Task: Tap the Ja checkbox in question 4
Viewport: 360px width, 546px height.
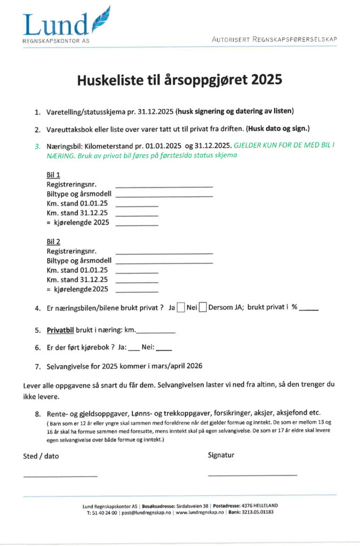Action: click(181, 307)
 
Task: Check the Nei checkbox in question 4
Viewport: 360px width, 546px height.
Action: click(203, 307)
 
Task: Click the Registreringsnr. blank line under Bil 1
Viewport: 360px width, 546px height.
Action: click(164, 186)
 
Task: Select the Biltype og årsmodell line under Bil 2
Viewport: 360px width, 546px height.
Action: click(164, 262)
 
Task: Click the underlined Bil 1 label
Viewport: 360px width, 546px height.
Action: click(53, 174)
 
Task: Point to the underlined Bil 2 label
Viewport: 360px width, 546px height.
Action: click(53, 242)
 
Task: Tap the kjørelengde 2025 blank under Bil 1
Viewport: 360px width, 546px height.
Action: click(137, 224)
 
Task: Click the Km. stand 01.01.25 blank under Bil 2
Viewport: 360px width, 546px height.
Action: click(137, 272)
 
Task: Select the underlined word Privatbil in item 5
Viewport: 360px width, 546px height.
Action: click(60, 330)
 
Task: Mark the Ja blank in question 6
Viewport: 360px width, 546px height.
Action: click(134, 349)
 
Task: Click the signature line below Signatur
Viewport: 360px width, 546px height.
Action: click(252, 474)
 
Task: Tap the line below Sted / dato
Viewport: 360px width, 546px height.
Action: click(60, 475)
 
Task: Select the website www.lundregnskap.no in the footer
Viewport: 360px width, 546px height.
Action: click(199, 512)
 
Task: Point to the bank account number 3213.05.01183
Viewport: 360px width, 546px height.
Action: click(259, 512)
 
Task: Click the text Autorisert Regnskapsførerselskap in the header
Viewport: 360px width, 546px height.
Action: click(274, 39)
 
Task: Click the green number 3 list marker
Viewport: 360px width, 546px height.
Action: click(37, 146)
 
